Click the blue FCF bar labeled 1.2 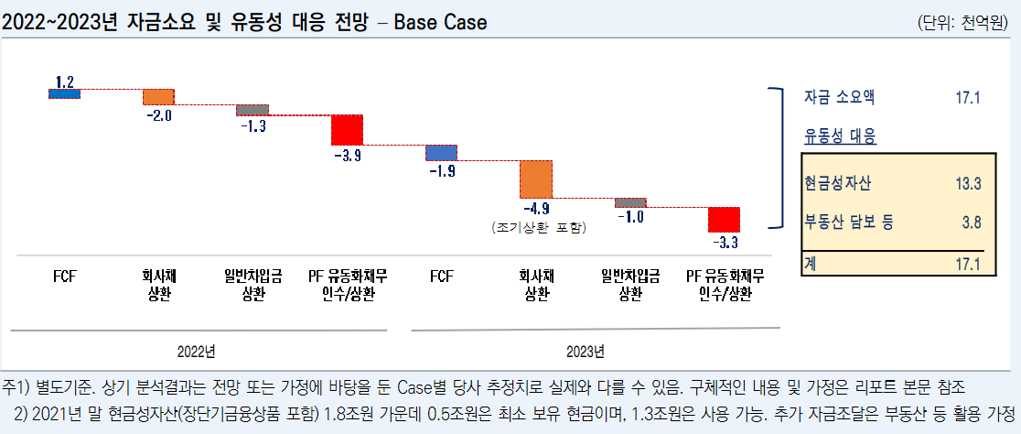tap(64, 93)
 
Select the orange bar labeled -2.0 tap(158, 97)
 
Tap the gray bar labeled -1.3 tap(253, 110)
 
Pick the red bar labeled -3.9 tap(347, 130)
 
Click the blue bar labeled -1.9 tap(441, 153)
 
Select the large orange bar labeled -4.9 tap(535, 179)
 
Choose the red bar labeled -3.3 tap(724, 220)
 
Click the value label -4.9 tap(537, 208)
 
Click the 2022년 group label tap(196, 351)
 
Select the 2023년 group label tap(585, 351)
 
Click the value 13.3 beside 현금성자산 tap(968, 184)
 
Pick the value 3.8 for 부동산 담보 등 tap(971, 221)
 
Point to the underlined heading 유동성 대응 tap(840, 136)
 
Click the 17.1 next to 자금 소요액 tap(967, 97)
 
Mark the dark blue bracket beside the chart tap(778, 157)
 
